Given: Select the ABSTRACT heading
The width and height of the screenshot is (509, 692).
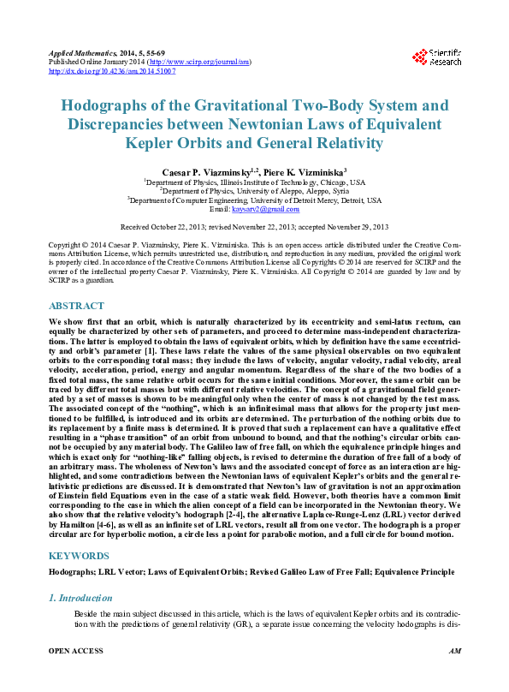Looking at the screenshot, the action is [77, 306].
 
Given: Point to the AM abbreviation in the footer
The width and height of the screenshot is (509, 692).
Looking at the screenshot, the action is [454, 676].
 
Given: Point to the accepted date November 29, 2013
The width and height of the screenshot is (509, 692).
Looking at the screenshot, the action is [352, 227].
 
